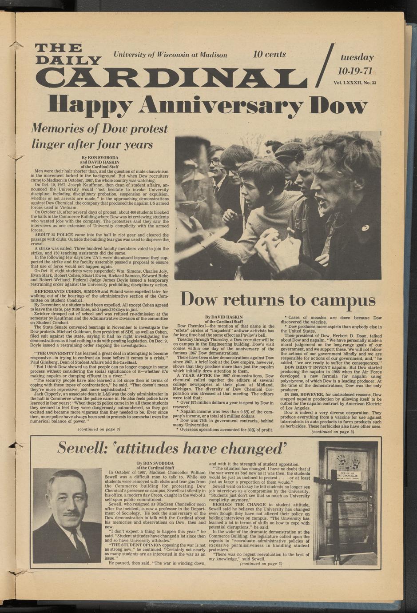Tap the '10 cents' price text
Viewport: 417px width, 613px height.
(x=269, y=55)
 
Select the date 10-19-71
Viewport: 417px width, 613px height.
(x=355, y=71)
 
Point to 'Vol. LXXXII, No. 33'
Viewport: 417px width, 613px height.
(x=355, y=82)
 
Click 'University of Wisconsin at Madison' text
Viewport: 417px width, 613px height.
(x=171, y=55)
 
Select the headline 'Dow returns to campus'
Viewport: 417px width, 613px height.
(x=278, y=300)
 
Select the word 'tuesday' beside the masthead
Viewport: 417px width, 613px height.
(x=357, y=57)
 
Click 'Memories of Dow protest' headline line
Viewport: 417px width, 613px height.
(x=99, y=129)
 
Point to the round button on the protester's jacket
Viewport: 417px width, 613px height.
(x=365, y=228)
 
